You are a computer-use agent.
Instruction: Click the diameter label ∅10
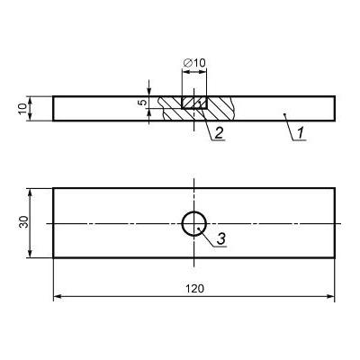pos(194,63)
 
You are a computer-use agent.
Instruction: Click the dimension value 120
pos(194,289)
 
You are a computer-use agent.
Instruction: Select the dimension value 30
pos(24,221)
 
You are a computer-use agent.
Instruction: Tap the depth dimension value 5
pos(143,103)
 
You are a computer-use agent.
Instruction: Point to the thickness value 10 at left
pos(22,108)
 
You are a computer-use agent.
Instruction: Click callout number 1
pos(301,133)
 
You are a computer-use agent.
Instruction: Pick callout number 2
pos(219,133)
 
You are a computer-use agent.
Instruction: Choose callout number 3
pos(220,239)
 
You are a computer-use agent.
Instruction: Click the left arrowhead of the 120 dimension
pos(58,296)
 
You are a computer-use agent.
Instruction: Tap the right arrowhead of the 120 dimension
pos(330,296)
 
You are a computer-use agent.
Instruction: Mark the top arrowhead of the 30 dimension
pos(30,193)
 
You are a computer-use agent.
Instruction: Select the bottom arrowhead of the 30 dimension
pos(30,254)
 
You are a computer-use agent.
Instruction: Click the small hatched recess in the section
pos(194,103)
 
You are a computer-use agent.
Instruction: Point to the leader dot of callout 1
pos(285,114)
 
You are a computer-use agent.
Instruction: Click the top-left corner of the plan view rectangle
pos(53,188)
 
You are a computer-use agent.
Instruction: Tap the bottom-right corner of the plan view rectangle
pos(335,257)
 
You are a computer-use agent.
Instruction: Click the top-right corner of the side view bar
pos(335,96)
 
